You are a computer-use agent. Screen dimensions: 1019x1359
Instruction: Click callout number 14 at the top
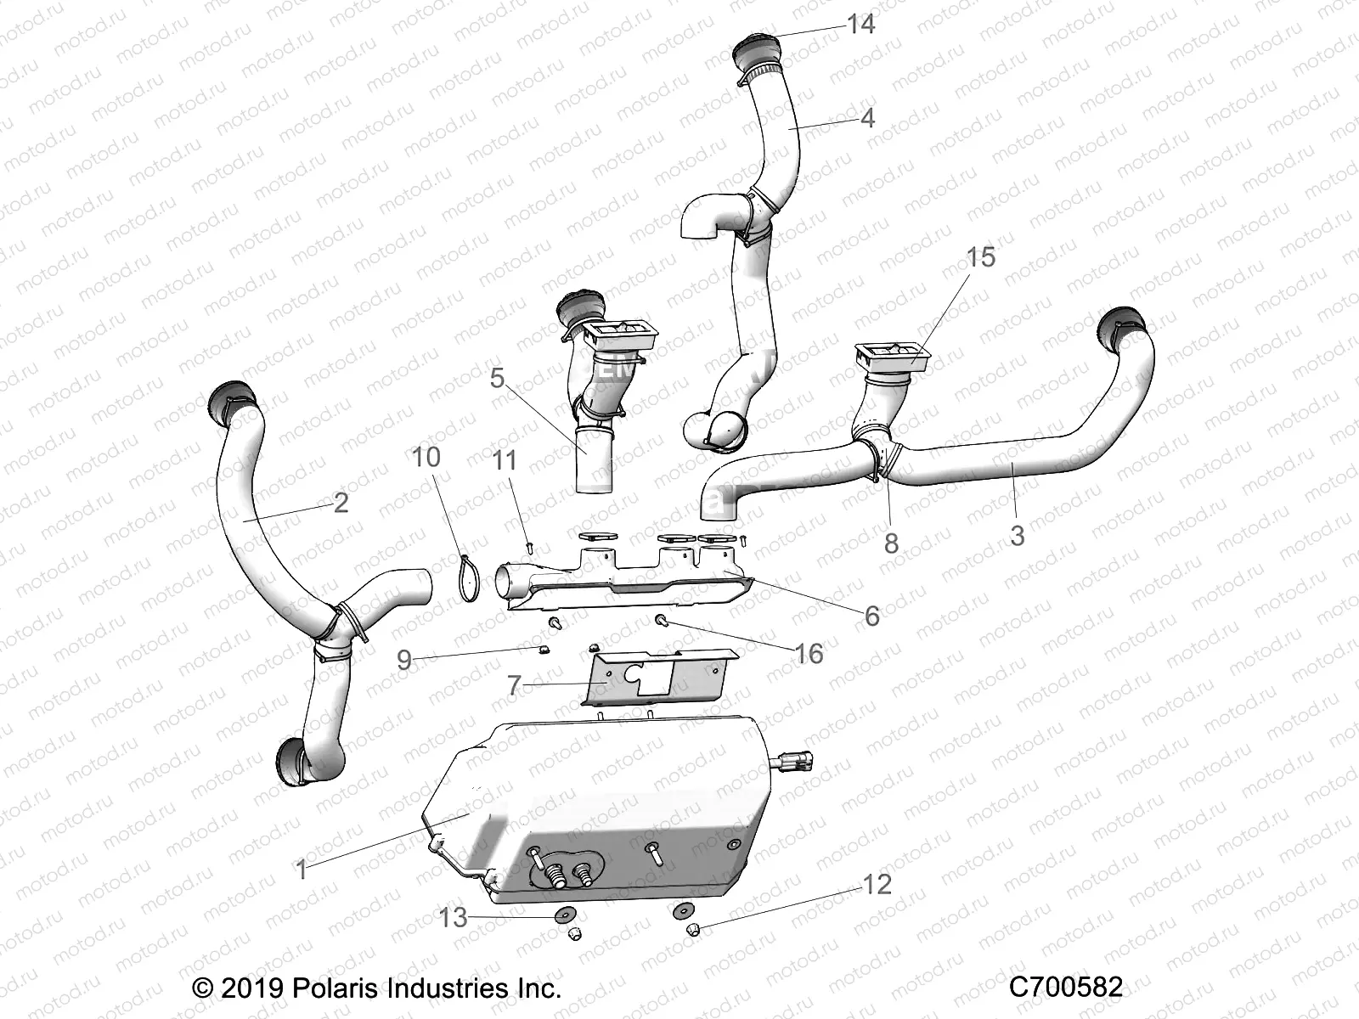860,24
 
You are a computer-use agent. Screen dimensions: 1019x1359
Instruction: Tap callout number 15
981,256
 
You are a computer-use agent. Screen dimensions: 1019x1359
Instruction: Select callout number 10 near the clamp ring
426,457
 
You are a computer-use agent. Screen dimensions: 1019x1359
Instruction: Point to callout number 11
505,461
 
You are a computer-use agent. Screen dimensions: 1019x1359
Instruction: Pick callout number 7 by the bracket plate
513,684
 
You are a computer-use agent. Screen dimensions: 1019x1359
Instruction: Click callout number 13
454,918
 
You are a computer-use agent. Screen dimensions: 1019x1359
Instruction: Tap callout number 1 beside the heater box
300,870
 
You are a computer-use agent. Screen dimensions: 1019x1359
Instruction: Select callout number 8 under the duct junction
890,543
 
